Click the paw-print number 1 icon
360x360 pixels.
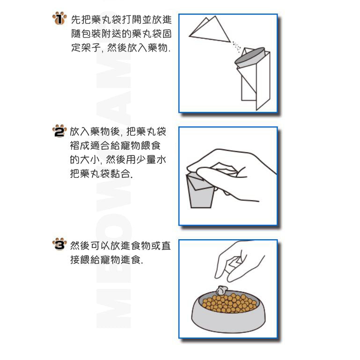pos(59,18)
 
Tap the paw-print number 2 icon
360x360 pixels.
pos(59,131)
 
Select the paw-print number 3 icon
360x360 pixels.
pos(59,244)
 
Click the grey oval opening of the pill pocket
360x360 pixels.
pos(250,56)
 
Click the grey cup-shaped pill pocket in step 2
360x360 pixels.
pos(200,191)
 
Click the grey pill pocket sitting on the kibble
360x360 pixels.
pos(221,290)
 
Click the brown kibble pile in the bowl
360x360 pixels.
pos(229,302)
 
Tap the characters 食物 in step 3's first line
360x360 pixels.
pos(140,246)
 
